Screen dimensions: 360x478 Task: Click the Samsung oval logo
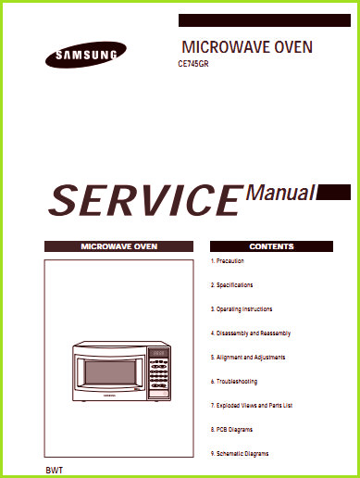tap(86, 55)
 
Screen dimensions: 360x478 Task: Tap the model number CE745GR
tap(193, 64)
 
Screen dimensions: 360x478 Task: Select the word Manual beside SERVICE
tap(280, 193)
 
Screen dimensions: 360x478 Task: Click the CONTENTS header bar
tap(271, 246)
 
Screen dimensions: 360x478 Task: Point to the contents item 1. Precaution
tap(228, 261)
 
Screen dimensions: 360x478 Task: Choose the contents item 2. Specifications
tap(231, 285)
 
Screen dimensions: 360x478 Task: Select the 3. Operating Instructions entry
tap(242, 309)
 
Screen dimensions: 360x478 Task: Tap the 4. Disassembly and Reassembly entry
tap(251, 333)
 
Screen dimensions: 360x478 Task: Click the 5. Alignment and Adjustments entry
tap(248, 358)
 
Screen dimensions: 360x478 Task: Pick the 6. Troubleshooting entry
tap(234, 382)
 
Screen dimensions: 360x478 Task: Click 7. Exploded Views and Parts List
tap(252, 406)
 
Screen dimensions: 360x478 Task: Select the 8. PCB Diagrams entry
tap(231, 430)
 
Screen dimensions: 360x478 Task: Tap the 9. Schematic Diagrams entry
tap(240, 454)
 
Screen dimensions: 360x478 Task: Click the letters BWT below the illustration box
tap(55, 471)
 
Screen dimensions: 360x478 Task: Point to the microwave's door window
tap(110, 372)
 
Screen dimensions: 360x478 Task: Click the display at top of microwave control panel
tap(158, 353)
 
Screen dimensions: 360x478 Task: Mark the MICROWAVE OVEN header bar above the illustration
tap(118, 246)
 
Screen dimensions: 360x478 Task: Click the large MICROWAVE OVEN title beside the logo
tap(247, 47)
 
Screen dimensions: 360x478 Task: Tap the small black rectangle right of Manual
tap(333, 192)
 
